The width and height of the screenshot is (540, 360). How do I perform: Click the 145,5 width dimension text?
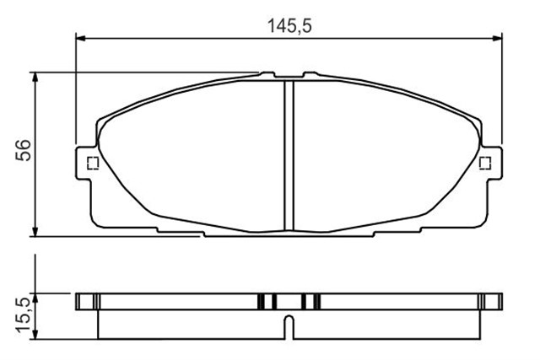point(289,26)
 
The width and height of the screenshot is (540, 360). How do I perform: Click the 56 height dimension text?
point(25,149)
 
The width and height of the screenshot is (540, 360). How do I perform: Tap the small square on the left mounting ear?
point(93,164)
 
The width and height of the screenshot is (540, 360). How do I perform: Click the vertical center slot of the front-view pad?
point(287,156)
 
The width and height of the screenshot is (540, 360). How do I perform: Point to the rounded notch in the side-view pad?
point(288,322)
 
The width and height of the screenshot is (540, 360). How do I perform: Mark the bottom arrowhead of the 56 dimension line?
point(35,231)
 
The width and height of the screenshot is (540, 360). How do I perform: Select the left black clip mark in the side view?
point(267,300)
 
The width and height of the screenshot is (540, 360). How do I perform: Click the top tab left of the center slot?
point(268,75)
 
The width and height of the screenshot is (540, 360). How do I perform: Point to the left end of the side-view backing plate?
point(78,300)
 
